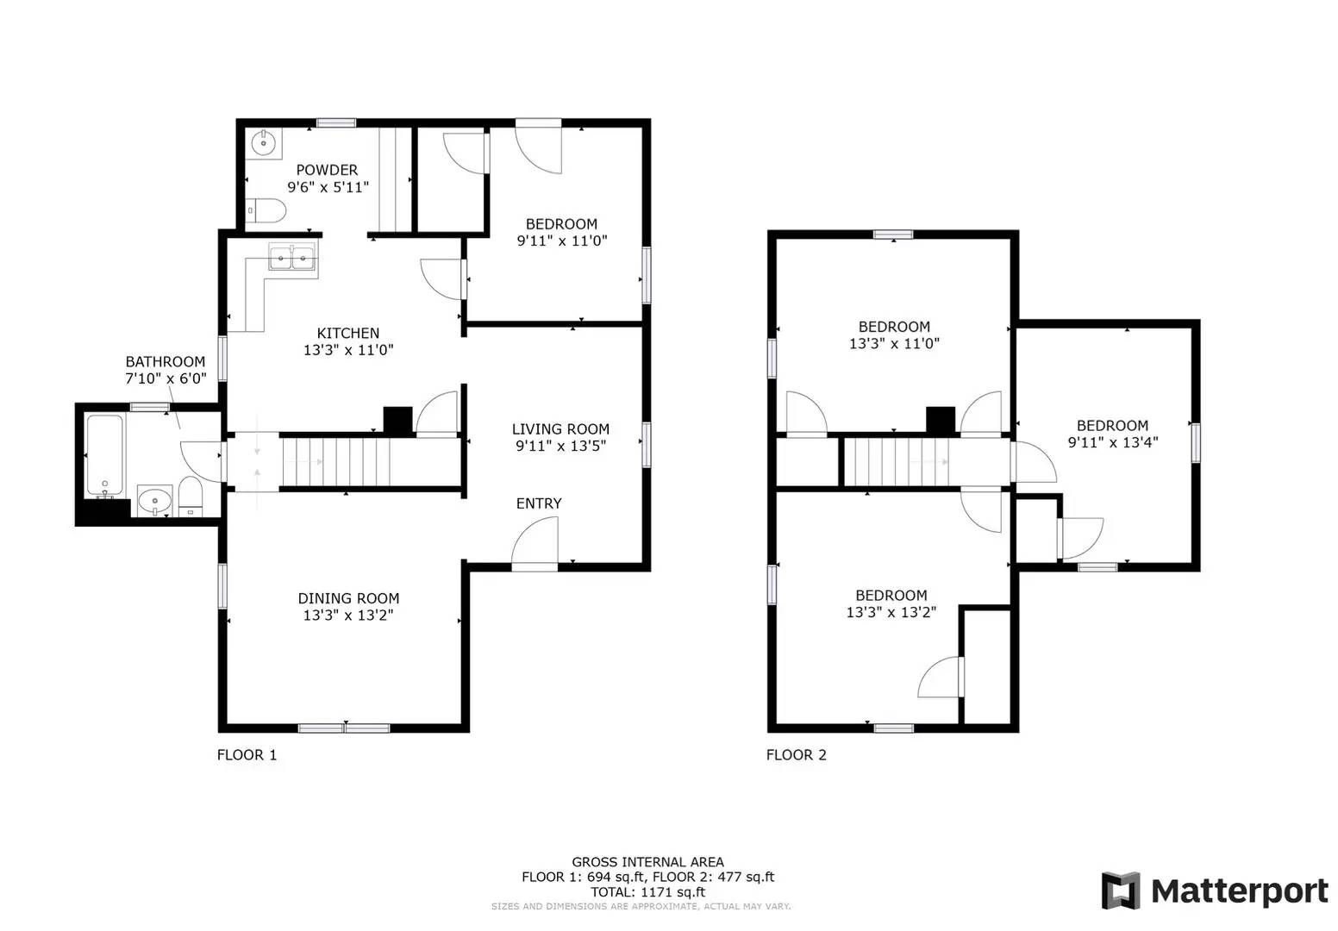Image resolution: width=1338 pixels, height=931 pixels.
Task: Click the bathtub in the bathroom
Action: [104, 455]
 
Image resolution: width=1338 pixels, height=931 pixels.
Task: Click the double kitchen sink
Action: [293, 256]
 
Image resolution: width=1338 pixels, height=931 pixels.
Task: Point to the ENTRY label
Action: [539, 503]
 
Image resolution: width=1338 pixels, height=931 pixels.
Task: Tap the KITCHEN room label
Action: [348, 334]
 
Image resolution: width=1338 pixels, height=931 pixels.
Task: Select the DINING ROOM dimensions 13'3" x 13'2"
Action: [348, 615]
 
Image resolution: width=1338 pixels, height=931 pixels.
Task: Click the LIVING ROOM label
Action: [560, 429]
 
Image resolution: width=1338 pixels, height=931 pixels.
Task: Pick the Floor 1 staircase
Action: [336, 462]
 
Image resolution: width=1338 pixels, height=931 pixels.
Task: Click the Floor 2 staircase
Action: [897, 462]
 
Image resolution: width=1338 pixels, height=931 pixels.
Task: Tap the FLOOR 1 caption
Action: [247, 755]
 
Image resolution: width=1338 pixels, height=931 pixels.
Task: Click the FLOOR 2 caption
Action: [797, 755]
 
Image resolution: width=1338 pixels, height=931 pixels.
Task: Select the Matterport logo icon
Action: [1120, 890]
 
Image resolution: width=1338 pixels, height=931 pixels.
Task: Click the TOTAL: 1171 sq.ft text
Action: [647, 892]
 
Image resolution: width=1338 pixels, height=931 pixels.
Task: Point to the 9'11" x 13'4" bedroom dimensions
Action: [1112, 442]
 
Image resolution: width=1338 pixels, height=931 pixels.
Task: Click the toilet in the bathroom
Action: [191, 497]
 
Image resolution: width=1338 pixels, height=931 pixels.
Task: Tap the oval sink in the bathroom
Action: [155, 499]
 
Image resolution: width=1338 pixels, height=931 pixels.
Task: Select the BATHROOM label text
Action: [166, 362]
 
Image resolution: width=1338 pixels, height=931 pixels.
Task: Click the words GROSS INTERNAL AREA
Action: [647, 862]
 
